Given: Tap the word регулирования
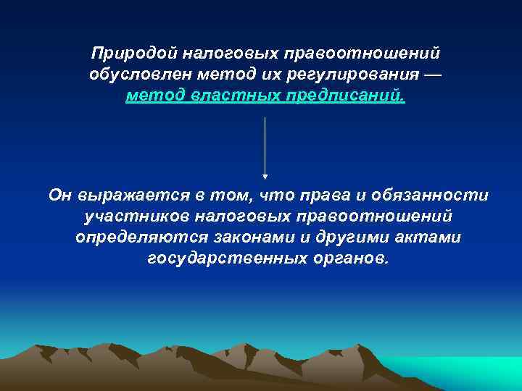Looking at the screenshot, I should tap(359, 75).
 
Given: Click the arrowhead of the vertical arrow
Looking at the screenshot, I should tap(265, 175).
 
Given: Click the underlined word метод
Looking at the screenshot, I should tap(155, 96).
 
